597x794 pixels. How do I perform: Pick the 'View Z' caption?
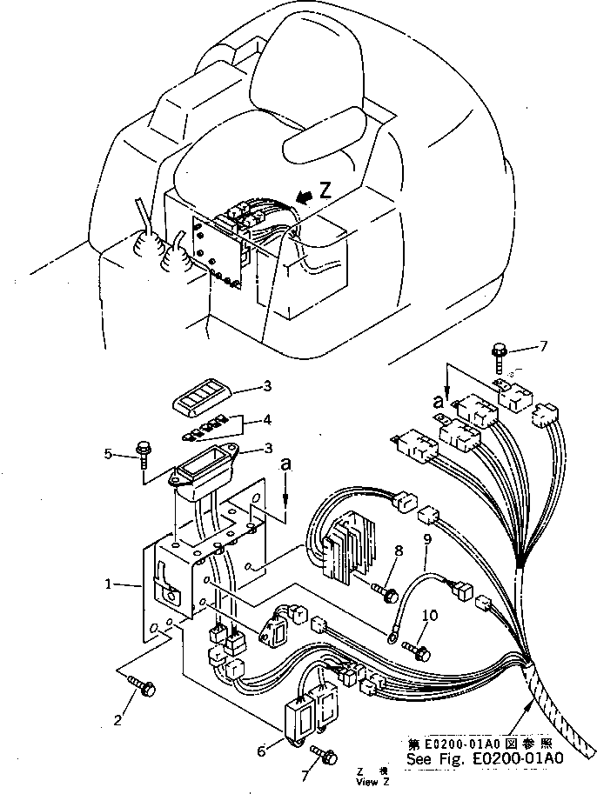[368, 782]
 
